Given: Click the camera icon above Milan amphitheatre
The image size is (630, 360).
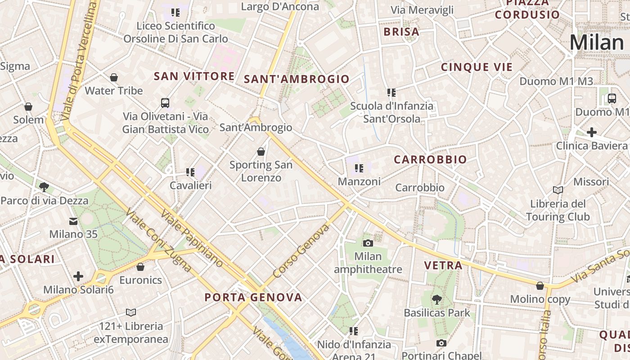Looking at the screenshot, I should [368, 243].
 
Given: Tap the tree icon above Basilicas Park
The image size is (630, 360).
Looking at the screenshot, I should [436, 299].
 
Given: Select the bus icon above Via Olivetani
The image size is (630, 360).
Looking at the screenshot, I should [165, 103].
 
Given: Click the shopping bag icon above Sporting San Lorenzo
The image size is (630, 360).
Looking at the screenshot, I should [261, 152].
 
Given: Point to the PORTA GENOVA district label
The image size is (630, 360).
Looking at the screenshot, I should [253, 297].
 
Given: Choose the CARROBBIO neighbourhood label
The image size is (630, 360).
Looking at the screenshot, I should [430, 160].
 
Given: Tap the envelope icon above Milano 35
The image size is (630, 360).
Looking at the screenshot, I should [73, 221].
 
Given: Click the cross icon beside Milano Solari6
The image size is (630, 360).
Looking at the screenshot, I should [78, 276].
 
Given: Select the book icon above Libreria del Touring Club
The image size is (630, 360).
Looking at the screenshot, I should [558, 190].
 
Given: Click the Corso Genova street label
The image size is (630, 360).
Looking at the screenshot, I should [301, 251].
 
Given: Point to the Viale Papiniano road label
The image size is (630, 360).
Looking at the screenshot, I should [191, 238].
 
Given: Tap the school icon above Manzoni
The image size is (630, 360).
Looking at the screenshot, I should [359, 169].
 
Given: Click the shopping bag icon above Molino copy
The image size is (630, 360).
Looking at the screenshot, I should [540, 286].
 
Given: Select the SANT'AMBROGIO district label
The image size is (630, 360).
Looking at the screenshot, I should [297, 79].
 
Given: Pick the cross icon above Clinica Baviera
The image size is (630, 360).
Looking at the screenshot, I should [592, 132].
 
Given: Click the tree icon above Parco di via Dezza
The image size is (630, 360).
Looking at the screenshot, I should [44, 187].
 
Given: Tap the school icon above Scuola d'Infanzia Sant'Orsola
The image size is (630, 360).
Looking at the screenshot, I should [391, 93].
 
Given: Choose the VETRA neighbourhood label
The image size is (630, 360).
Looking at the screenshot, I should [443, 265].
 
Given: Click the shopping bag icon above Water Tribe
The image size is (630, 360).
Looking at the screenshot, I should [114, 77].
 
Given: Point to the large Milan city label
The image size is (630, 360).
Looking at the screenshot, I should [596, 43].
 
